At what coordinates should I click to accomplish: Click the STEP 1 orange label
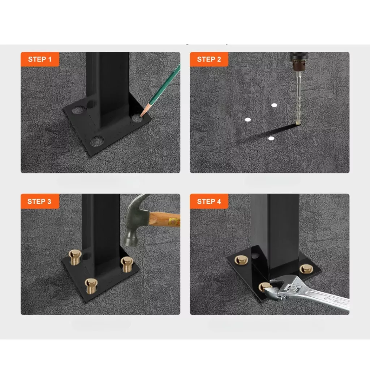40,59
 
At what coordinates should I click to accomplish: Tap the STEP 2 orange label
209,59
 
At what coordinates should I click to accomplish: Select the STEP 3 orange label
40,201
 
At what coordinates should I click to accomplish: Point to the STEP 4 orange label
209,201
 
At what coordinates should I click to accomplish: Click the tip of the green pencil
141,116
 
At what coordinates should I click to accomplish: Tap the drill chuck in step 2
299,61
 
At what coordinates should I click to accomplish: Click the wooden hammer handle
164,219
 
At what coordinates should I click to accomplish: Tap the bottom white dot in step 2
271,138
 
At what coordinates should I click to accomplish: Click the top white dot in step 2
274,105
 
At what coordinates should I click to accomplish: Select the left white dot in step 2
248,120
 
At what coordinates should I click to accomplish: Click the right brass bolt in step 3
127,264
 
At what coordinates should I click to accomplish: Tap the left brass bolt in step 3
75,257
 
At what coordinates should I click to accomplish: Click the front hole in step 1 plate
97,141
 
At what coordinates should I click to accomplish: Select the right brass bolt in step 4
306,269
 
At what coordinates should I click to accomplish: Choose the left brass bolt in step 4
241,260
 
